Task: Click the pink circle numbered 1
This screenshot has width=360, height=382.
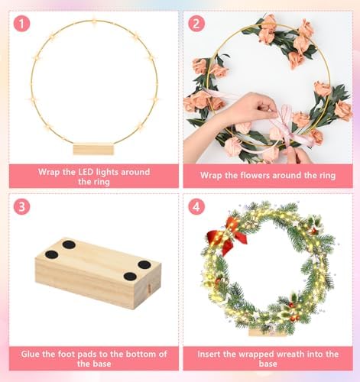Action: [x=21, y=24]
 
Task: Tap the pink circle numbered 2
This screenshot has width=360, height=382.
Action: [x=196, y=24]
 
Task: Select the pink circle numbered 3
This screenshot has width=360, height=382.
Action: [x=21, y=206]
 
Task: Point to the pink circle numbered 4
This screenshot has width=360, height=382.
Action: [x=196, y=206]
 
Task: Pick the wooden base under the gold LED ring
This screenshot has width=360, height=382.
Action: [x=93, y=149]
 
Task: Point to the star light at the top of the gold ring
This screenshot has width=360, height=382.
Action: [x=93, y=19]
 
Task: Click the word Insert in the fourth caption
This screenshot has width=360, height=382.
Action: [x=209, y=354]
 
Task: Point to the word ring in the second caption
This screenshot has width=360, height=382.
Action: [x=327, y=176]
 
